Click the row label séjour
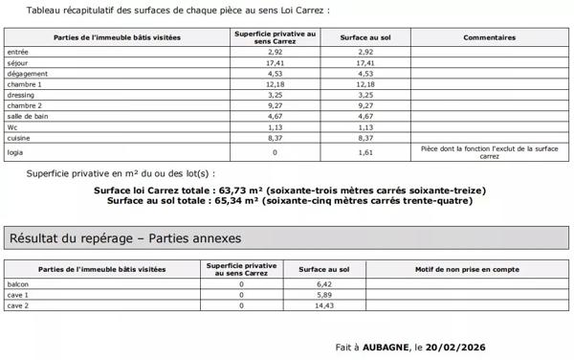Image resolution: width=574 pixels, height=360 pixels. pos(16,62)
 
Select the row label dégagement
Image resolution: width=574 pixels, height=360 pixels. pos(25,73)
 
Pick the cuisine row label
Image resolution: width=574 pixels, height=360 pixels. pos(19,137)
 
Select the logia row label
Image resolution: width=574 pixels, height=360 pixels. pos(15,151)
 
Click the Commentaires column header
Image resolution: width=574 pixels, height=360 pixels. pos(489,37)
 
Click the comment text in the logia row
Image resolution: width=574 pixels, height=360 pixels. pos(489,151)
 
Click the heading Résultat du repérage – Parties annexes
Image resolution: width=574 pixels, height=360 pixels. pos(124,237)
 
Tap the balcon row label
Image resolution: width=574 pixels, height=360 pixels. pos(17,285)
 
